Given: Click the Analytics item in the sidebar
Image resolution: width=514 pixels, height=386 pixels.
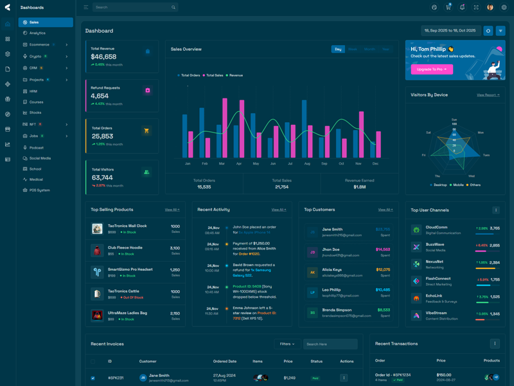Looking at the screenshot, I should coord(37,33).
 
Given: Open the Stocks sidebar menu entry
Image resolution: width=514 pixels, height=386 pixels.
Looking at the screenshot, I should coord(35,113).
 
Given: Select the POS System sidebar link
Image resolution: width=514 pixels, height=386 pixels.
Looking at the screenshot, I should coord(39,190).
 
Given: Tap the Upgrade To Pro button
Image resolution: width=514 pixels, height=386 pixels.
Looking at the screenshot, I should coord(431,69).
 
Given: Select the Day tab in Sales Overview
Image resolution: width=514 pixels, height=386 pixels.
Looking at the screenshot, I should coord(338,49).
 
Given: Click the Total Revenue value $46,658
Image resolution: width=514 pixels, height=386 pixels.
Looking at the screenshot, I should coord(103,57).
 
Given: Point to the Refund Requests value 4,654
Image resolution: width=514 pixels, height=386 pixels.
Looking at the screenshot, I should coord(100,96).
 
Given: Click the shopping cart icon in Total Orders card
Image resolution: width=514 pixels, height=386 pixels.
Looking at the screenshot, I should coord(146,131).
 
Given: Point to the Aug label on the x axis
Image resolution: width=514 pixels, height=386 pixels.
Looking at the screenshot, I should coord(307,163).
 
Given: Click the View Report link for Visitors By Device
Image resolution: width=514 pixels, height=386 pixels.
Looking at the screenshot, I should coord(488,95).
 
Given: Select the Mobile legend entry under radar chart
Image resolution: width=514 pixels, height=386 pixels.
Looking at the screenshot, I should coord(458,185).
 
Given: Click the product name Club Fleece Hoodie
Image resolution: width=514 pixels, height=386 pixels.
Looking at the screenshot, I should coord(125,248).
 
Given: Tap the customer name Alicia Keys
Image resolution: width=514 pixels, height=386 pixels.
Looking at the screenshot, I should coord(332,270).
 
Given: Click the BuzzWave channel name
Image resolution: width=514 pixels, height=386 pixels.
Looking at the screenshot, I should coord(435,244).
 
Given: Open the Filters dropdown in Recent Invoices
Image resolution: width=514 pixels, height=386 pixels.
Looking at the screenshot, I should coord(287,344).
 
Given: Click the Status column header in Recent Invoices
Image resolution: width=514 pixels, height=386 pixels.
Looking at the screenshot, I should coord(316,361).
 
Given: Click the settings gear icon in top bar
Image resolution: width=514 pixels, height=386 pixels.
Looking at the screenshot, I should coord(504,7).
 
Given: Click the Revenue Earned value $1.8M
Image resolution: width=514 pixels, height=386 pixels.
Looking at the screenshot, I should coord(360,187).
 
